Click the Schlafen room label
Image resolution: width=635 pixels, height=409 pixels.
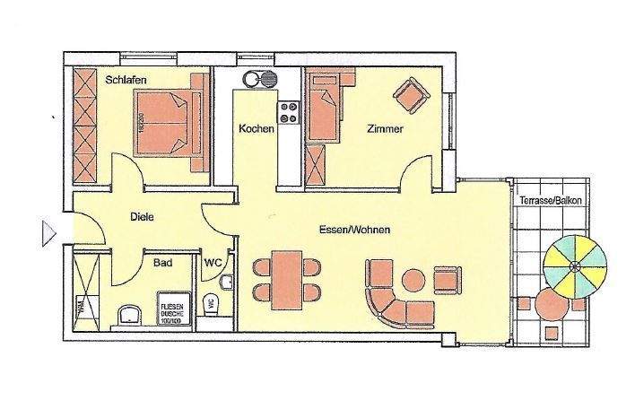tap(126, 81)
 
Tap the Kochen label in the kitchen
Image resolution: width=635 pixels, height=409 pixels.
tap(256, 129)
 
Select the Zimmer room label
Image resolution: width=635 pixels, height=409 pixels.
tap(385, 129)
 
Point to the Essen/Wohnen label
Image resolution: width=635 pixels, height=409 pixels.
tap(354, 231)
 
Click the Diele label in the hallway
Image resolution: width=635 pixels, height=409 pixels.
tap(142, 216)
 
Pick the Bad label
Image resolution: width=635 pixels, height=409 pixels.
tap(163, 263)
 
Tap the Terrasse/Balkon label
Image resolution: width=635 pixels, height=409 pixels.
tap(550, 201)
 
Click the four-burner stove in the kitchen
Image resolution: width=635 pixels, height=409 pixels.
tap(289, 112)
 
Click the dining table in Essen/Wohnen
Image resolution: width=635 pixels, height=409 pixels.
tap(286, 277)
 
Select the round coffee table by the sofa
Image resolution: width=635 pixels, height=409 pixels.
tap(414, 281)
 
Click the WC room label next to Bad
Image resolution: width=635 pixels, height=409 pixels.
tap(213, 263)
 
